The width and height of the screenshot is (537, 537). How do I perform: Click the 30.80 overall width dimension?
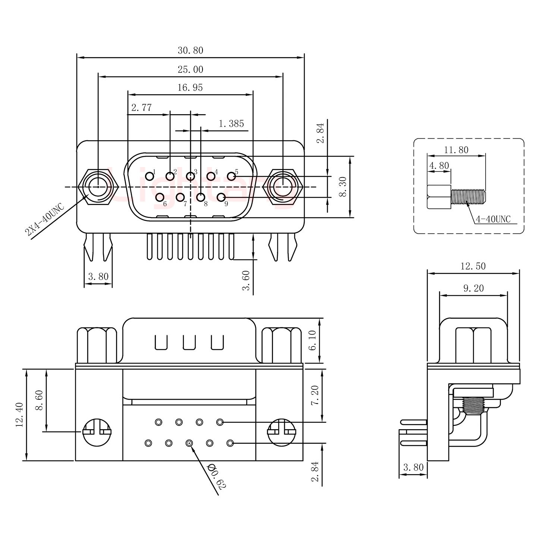point(190,50)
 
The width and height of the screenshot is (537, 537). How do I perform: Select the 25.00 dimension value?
point(190,70)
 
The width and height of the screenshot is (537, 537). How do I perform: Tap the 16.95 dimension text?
point(190,88)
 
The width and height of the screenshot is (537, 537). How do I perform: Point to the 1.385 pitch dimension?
point(231,123)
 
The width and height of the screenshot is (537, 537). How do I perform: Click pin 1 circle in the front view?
point(150,175)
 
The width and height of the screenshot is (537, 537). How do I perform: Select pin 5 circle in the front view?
point(232,175)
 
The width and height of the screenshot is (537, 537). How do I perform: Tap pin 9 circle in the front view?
point(221,197)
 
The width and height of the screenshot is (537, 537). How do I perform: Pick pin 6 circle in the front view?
point(160,197)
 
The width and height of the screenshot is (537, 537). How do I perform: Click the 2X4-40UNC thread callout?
point(44,220)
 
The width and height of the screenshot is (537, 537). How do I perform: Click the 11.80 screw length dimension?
point(456,150)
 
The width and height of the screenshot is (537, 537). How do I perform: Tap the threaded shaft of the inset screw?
point(468,197)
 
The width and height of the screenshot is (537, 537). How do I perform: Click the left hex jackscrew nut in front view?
point(98,186)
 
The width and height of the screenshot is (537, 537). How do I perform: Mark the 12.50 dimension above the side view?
point(473,266)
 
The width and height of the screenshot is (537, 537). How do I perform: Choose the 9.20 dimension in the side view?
point(473,288)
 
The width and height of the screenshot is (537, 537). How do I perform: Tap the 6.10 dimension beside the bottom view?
point(313,340)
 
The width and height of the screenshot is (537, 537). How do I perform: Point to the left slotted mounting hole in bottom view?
point(97,432)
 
